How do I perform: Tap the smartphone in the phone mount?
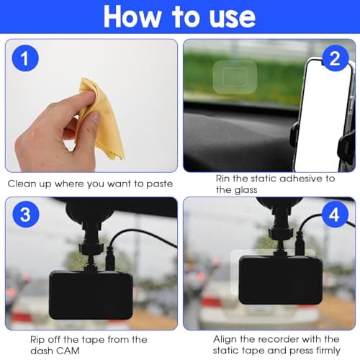coord(324,115)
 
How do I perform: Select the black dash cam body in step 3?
coord(90,294)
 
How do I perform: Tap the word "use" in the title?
coord(226,17)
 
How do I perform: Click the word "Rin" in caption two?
coord(225,177)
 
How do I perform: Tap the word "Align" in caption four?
coord(226,338)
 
